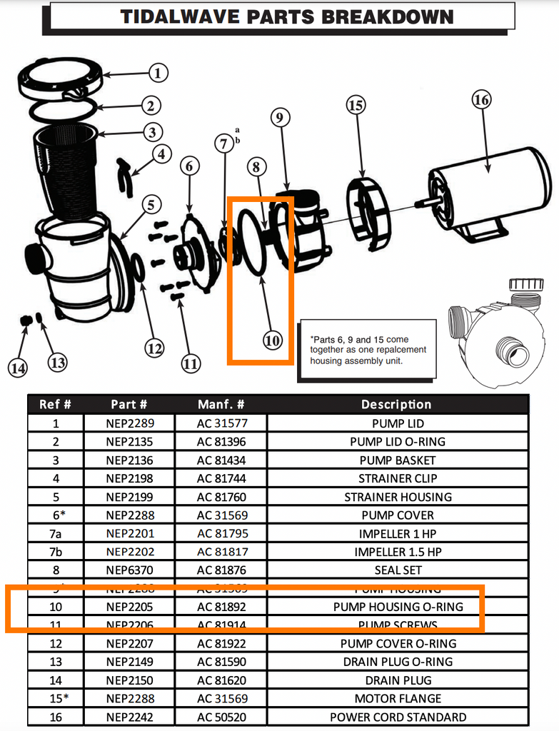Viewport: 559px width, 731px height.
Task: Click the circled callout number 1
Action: tap(158, 73)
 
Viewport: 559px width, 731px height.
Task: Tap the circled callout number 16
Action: tap(481, 100)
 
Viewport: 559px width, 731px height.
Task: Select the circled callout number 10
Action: tap(272, 341)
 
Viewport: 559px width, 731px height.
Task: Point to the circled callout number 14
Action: tap(18, 368)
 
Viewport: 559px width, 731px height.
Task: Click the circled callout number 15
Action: tap(356, 106)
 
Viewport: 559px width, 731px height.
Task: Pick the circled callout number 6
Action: tap(189, 166)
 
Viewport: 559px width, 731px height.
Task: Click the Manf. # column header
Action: tap(221, 405)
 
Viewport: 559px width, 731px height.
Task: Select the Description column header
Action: tap(397, 405)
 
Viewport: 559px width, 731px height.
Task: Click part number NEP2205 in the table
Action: tap(129, 607)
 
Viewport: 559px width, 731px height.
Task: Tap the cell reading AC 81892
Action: tap(221, 607)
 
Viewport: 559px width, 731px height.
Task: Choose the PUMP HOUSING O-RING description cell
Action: tap(398, 607)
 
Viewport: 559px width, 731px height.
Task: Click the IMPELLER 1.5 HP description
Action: tap(398, 552)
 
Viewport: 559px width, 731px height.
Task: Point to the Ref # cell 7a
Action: tap(56, 533)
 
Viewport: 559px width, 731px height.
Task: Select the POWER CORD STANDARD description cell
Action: tap(398, 717)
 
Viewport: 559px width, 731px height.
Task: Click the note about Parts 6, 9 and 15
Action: tap(368, 351)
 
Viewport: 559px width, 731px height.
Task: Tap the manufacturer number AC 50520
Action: tap(221, 717)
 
